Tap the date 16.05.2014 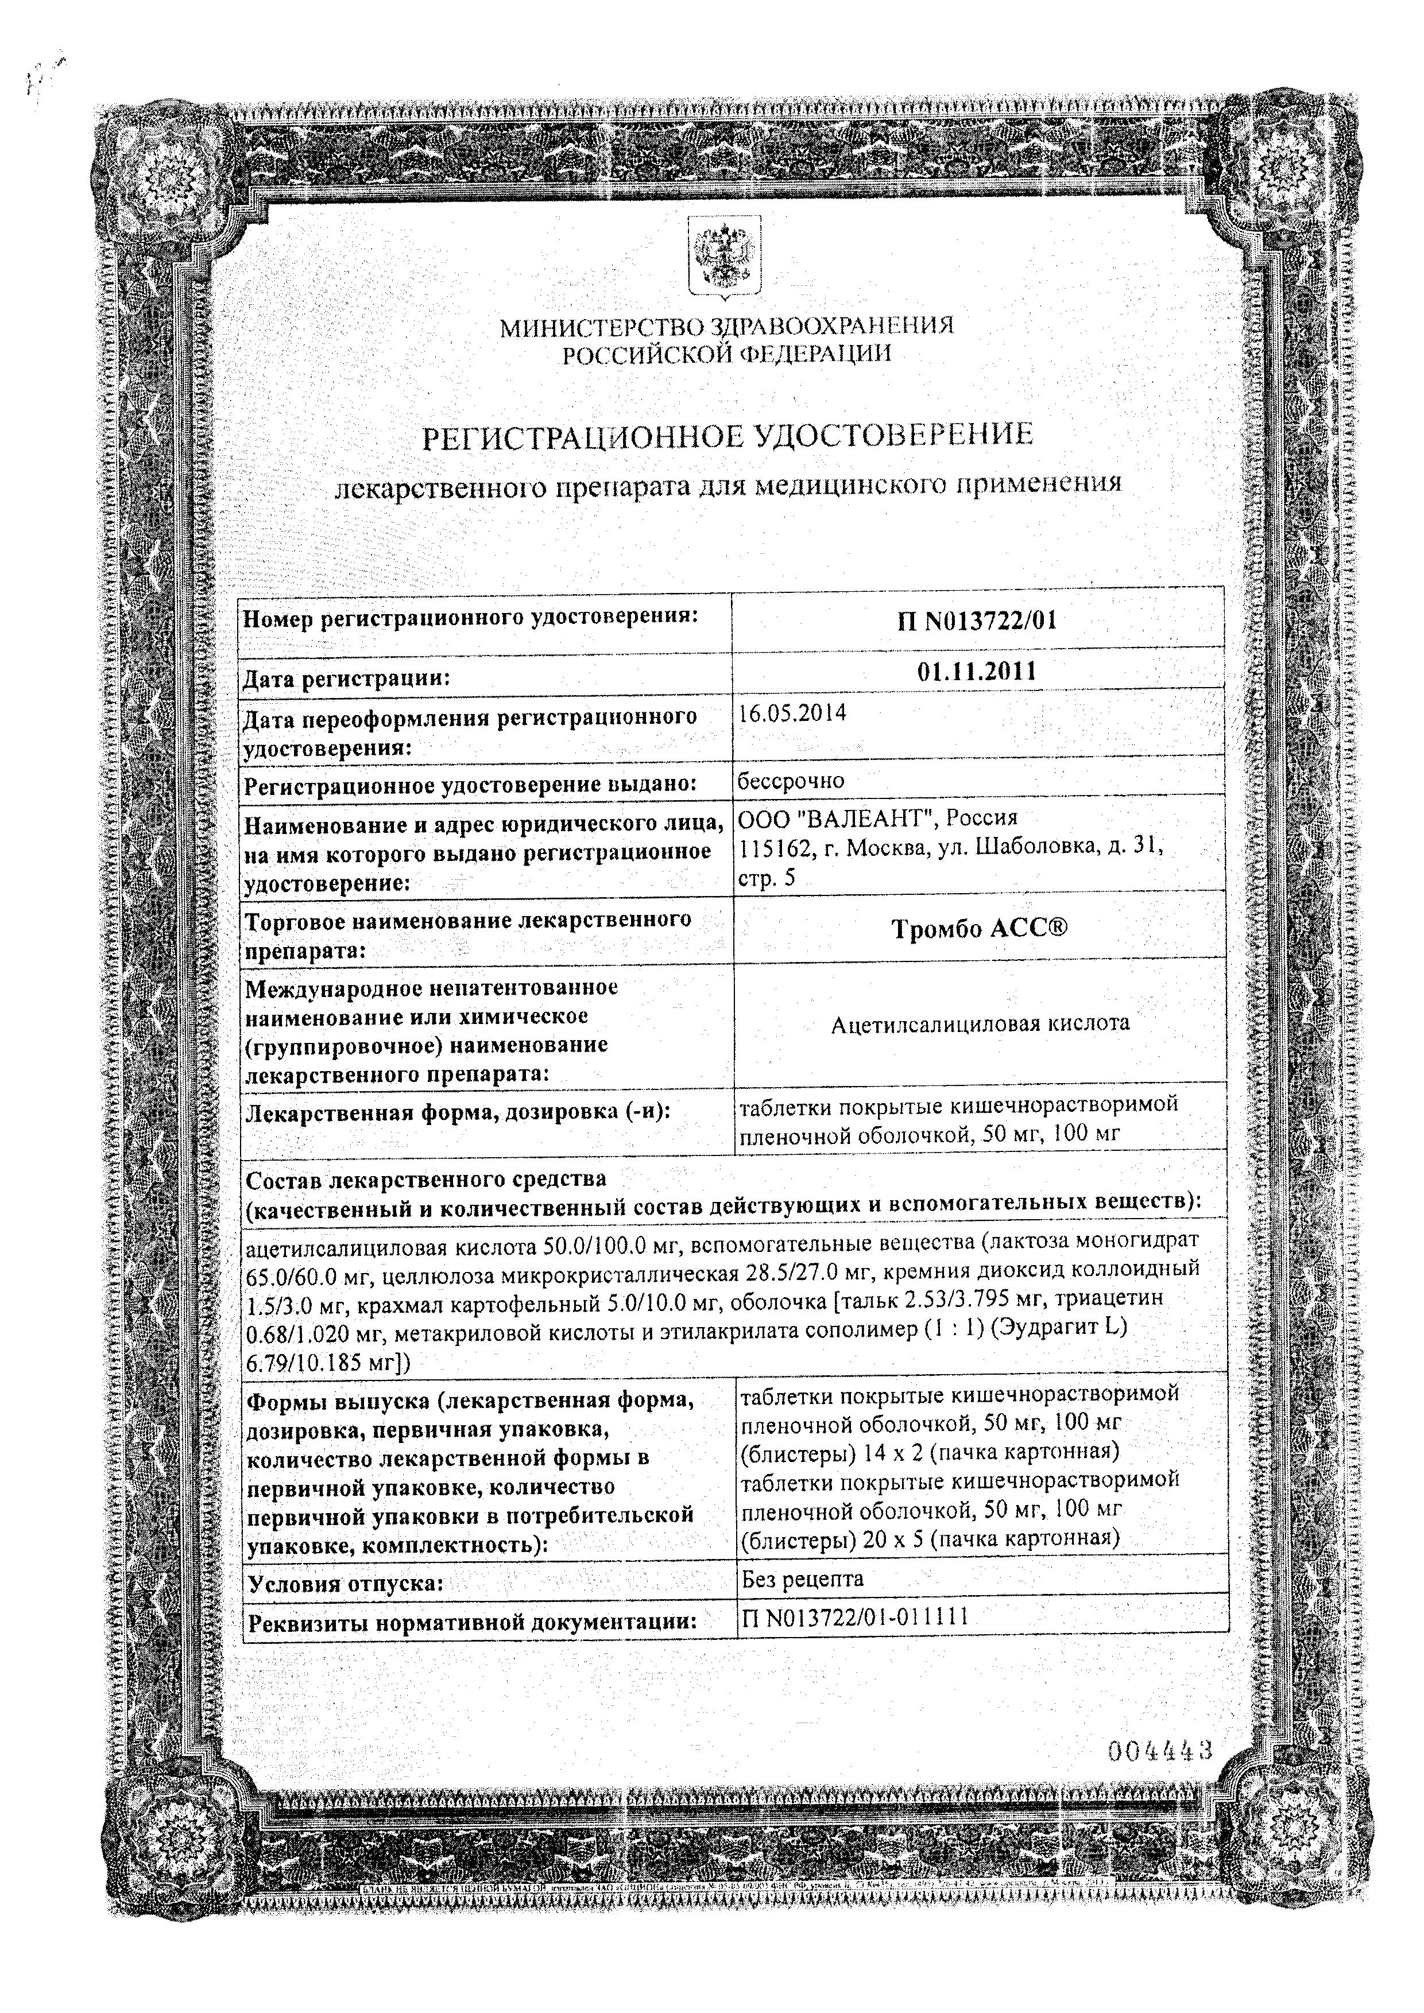(792, 713)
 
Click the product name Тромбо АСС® (980, 929)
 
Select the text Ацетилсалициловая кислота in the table (980, 1023)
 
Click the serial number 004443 (1160, 1752)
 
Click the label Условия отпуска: (346, 1584)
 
